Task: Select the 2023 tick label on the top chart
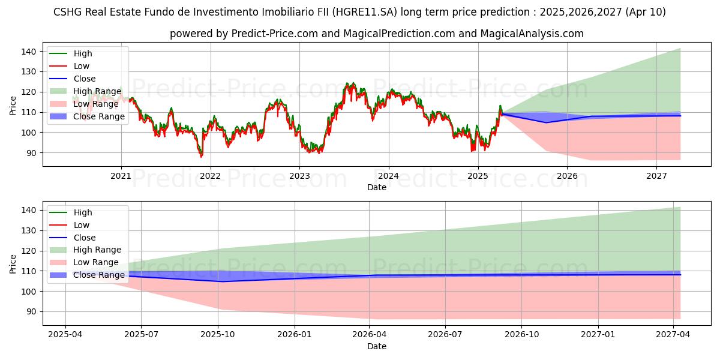pos(299,176)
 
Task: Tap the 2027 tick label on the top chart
pos(656,176)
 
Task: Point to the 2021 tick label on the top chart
pos(121,176)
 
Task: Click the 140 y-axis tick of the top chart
pos(30,52)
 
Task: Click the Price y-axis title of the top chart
pos(13,106)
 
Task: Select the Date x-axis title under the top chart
pos(377,187)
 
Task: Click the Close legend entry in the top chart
pos(85,79)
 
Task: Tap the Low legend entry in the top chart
pos(82,66)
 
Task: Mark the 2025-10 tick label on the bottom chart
pos(218,335)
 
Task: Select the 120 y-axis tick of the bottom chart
pos(30,251)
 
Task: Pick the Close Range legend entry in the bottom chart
pos(98,275)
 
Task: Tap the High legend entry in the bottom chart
pos(83,212)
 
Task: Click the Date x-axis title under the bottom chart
pos(377,346)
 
